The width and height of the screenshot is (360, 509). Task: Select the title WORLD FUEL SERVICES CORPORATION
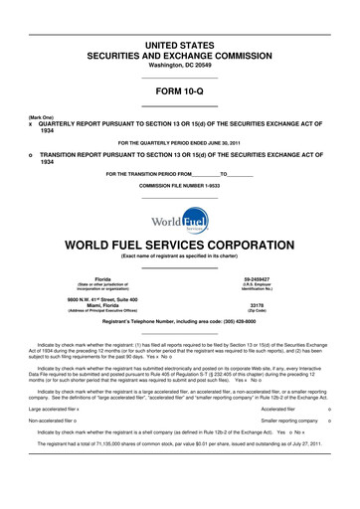[x=179, y=243]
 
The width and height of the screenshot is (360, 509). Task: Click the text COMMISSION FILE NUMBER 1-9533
[x=179, y=186]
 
